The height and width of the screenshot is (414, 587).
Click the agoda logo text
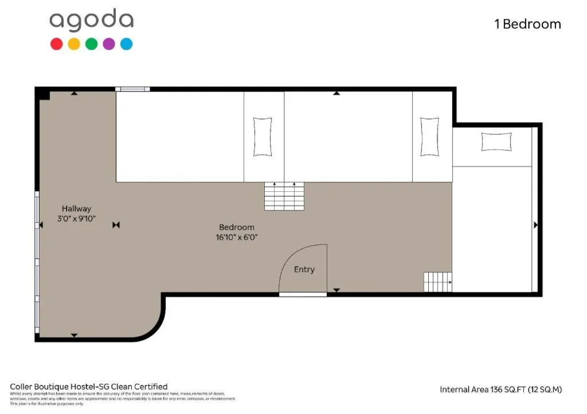(x=91, y=21)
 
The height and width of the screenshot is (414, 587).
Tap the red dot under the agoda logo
(x=56, y=44)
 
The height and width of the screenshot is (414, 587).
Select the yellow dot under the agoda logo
(x=74, y=44)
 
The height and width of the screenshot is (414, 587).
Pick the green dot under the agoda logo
(x=91, y=44)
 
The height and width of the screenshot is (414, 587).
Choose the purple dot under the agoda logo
(x=109, y=44)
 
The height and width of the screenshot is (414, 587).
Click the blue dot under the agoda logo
(x=127, y=44)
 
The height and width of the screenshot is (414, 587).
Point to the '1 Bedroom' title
(x=527, y=24)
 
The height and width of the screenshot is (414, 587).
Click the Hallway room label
(x=76, y=209)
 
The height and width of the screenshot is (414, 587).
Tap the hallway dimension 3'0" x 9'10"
(x=76, y=219)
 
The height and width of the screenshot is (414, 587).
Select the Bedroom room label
(x=236, y=227)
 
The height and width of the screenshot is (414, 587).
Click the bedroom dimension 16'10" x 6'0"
(x=236, y=237)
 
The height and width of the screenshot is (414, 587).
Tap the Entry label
(x=304, y=269)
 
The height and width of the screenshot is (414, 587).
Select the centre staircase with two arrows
(x=284, y=196)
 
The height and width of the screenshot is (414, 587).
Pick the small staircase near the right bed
(x=437, y=282)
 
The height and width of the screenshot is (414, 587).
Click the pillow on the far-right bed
(x=496, y=141)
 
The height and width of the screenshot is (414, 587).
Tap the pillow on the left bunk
(x=263, y=136)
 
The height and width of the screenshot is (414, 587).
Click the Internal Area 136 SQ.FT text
(x=500, y=389)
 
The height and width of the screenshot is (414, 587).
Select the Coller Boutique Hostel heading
(x=89, y=387)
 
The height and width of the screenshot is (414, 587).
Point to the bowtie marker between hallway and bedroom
(x=116, y=225)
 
